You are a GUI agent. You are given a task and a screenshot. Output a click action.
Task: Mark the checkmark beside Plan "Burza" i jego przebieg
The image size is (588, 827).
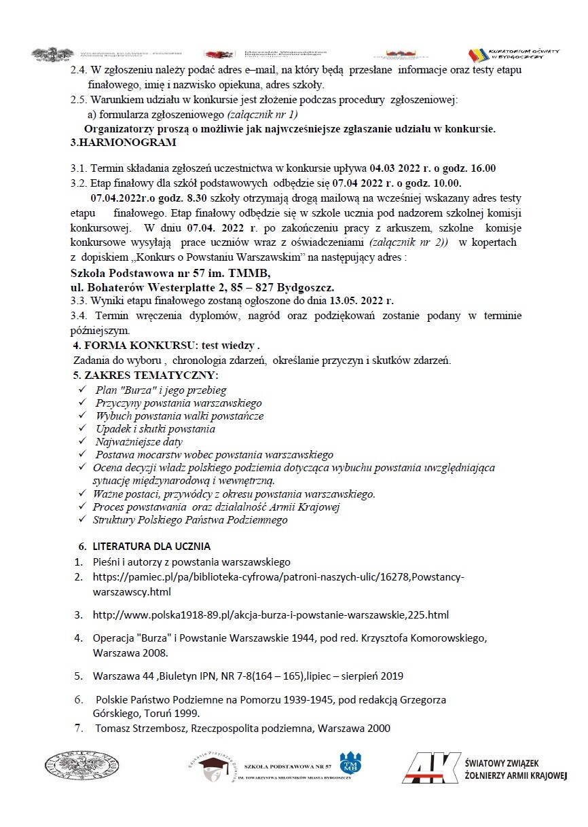tap(82, 390)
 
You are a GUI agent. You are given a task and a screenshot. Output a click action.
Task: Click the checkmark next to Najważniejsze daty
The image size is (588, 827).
tap(82, 441)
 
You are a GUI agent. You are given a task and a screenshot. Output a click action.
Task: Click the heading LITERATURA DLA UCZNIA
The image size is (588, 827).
tap(151, 546)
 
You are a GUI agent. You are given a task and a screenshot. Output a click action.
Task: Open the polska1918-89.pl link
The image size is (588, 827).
tap(271, 615)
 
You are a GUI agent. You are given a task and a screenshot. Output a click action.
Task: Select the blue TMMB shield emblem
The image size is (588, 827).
tap(350, 762)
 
